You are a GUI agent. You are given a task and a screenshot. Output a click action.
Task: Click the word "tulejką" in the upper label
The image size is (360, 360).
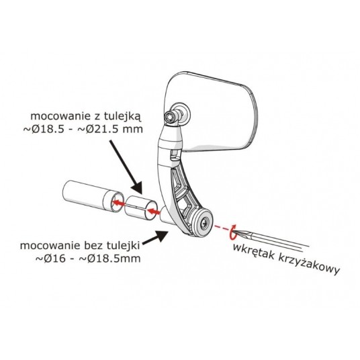click(x=123, y=117)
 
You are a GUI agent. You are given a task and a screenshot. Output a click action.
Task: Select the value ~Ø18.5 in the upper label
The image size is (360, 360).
click(x=44, y=129)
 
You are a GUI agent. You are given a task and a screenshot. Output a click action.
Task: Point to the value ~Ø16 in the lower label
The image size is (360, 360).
click(x=51, y=259)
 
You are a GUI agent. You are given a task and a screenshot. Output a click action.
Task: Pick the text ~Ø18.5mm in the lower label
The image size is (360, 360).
click(x=109, y=259)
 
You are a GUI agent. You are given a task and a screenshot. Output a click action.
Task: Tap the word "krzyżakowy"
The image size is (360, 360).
click(x=309, y=264)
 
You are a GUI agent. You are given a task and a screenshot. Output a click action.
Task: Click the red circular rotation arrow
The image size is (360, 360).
click(x=232, y=232)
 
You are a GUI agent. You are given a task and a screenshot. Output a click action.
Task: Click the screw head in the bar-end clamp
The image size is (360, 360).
click(x=204, y=222)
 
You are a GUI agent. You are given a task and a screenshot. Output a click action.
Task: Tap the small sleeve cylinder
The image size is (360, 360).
click(x=141, y=208)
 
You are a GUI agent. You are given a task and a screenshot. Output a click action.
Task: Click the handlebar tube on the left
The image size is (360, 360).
click(x=92, y=196)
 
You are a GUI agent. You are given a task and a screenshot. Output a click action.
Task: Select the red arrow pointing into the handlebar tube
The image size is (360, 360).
click(x=119, y=203)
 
